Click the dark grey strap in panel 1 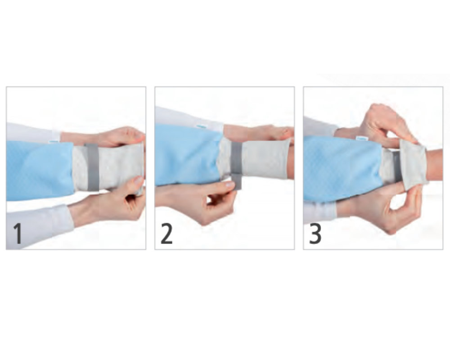pyautogui.click(x=92, y=167)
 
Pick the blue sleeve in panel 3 pyautogui.click(x=343, y=168)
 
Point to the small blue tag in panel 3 pyautogui.click(x=362, y=138)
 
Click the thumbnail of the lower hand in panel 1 pyautogui.click(x=139, y=180)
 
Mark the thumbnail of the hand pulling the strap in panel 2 pyautogui.click(x=230, y=184)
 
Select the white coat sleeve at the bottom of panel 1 pyautogui.click(x=37, y=225)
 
